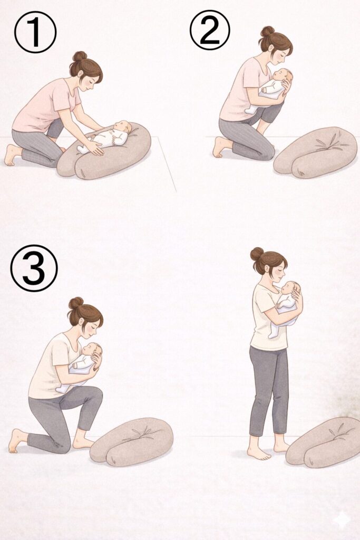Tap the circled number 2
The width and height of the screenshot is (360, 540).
pyautogui.click(x=210, y=30)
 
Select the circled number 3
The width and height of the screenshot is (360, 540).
pyautogui.click(x=34, y=268)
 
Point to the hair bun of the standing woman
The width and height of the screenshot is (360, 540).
pyautogui.click(x=257, y=254)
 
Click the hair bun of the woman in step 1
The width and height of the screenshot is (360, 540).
pyautogui.click(x=80, y=56)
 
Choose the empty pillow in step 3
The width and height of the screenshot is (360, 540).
pyautogui.click(x=131, y=441)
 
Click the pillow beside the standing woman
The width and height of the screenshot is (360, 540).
pyautogui.click(x=324, y=442)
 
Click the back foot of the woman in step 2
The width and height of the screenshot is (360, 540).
pyautogui.click(x=220, y=147)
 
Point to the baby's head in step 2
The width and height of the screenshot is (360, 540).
pyautogui.click(x=284, y=76)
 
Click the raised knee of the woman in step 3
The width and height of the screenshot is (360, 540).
pyautogui.click(x=95, y=394)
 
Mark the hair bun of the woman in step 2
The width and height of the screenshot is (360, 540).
pyautogui.click(x=267, y=31)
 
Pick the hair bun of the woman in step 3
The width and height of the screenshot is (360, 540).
pyautogui.click(x=76, y=303)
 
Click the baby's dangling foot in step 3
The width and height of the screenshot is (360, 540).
pyautogui.click(x=62, y=389)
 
